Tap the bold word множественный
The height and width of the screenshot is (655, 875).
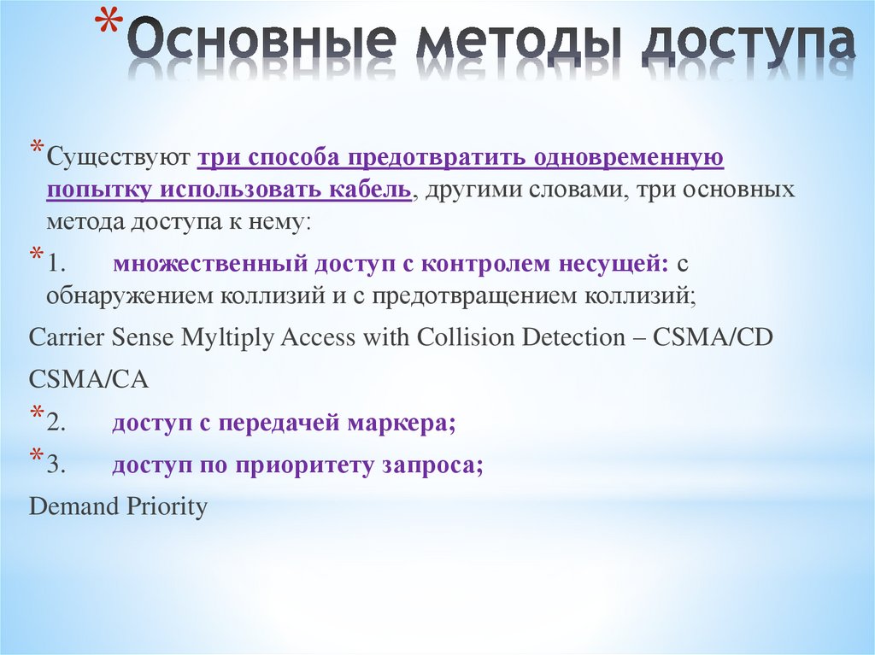coord(208,266)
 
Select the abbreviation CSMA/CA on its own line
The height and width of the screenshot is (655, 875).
coord(89,380)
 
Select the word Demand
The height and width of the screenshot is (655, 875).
coord(73,507)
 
